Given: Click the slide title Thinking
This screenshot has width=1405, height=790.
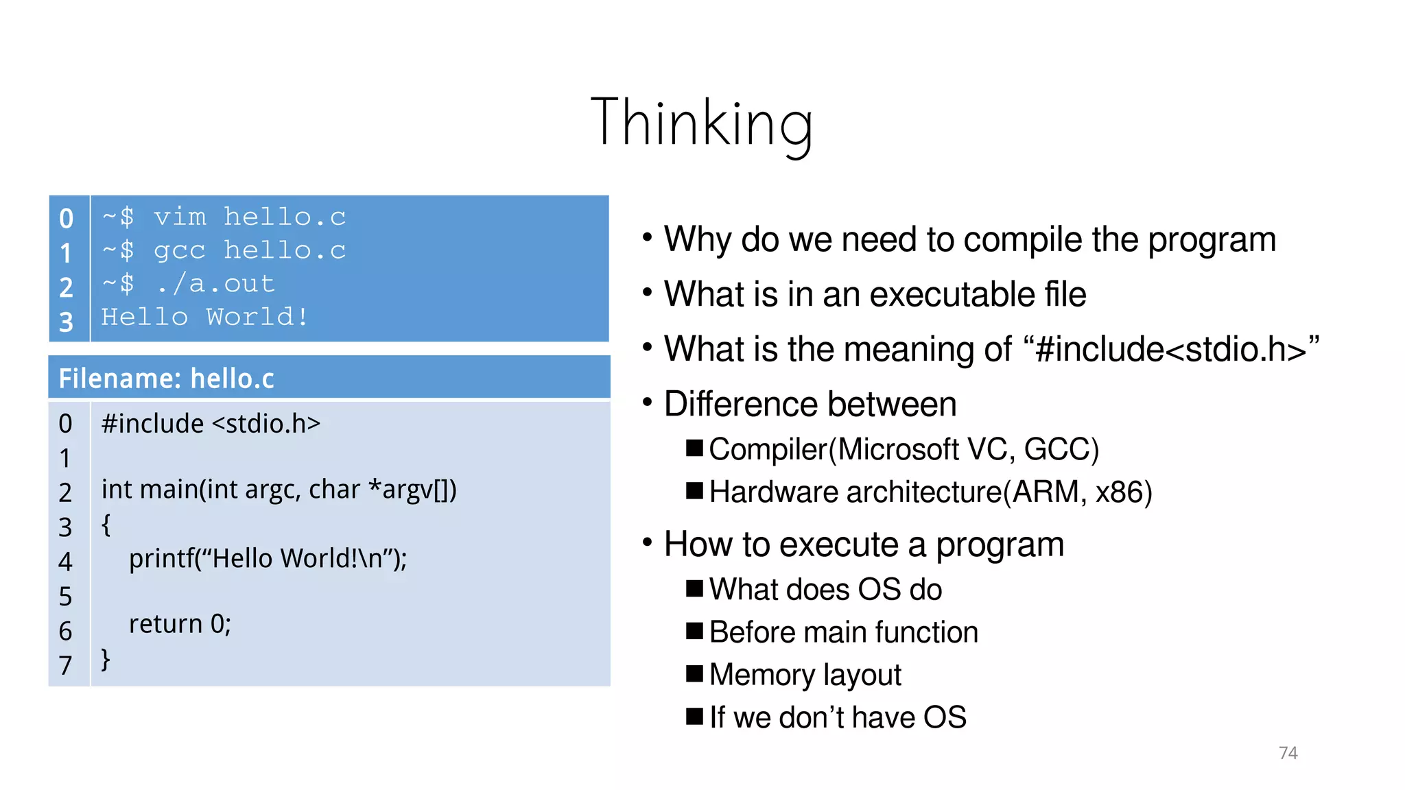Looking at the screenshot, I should pyautogui.click(x=701, y=123).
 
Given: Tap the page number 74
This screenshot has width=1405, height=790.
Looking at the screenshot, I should pyautogui.click(x=1288, y=752).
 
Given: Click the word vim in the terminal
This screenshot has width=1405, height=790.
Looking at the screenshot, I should pyautogui.click(x=180, y=217).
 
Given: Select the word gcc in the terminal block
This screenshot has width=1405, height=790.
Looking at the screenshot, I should pyautogui.click(x=179, y=250).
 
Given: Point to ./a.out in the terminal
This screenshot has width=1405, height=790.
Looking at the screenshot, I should pyautogui.click(x=215, y=284).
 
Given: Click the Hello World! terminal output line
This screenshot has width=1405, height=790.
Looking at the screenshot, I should pyautogui.click(x=204, y=317).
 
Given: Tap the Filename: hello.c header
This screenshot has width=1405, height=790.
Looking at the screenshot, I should pyautogui.click(x=167, y=378).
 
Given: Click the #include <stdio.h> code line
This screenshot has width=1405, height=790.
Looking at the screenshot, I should pyautogui.click(x=211, y=423).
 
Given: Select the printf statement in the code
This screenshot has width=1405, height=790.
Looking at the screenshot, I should pyautogui.click(x=268, y=558).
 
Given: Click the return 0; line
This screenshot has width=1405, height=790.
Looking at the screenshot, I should pyautogui.click(x=180, y=624).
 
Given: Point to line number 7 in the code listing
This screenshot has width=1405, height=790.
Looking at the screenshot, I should pyautogui.click(x=65, y=665).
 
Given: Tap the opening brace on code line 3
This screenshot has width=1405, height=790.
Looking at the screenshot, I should pyautogui.click(x=106, y=525).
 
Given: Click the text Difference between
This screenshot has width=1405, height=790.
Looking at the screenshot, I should pyautogui.click(x=810, y=404).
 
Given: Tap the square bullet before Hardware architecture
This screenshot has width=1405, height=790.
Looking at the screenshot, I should pyautogui.click(x=694, y=491).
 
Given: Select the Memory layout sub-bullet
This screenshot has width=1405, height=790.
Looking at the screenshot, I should pyautogui.click(x=805, y=675).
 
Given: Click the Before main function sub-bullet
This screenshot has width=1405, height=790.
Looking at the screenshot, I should pyautogui.click(x=843, y=632).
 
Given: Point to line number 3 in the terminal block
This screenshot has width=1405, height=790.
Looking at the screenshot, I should pyautogui.click(x=66, y=322).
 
